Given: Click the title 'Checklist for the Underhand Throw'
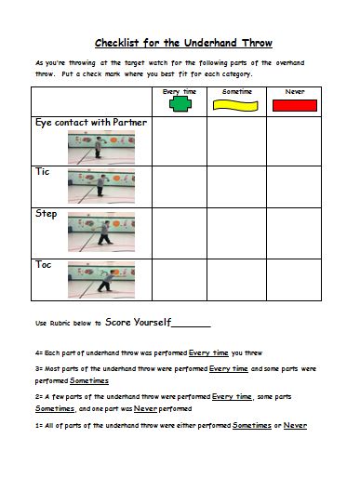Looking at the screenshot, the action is pos(182,43).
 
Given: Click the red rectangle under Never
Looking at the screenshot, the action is pos(294,106).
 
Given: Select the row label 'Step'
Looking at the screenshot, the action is pos(46,214).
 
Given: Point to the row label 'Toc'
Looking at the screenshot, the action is pos(43,264).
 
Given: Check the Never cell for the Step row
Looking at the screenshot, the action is pos(294,229).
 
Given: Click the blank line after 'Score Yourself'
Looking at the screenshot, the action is pos(192,325).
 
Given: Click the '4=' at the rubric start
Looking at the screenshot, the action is pos(38,353).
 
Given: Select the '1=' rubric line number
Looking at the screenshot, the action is pos(38,425).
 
